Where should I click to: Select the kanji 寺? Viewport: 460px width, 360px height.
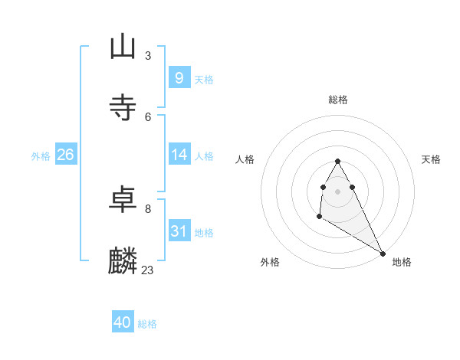pyautogui.click(x=123, y=107)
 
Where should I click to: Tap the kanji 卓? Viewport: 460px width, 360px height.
pyautogui.click(x=123, y=200)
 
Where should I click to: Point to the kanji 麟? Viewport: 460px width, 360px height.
pyautogui.click(x=123, y=261)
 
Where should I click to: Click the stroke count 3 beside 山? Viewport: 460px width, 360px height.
pyautogui.click(x=148, y=55)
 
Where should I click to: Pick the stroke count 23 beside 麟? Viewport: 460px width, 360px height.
pyautogui.click(x=148, y=270)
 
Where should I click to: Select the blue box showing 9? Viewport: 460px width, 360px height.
pyautogui.click(x=179, y=78)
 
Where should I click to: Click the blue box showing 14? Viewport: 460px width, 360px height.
pyautogui.click(x=179, y=155)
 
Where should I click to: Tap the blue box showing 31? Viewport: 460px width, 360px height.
pyautogui.click(x=179, y=231)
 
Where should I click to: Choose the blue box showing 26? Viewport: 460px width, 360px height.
pyautogui.click(x=65, y=155)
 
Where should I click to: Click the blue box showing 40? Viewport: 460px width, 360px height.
pyautogui.click(x=122, y=323)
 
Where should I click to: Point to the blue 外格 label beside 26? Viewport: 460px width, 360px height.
pyautogui.click(x=41, y=155)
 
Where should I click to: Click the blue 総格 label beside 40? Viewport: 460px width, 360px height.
pyautogui.click(x=147, y=324)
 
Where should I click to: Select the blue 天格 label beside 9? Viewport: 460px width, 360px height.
pyautogui.click(x=204, y=79)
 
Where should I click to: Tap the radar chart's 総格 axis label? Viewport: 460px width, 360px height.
pyautogui.click(x=338, y=100)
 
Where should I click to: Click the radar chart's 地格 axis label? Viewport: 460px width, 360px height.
pyautogui.click(x=402, y=262)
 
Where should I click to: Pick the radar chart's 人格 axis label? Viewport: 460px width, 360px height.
pyautogui.click(x=245, y=159)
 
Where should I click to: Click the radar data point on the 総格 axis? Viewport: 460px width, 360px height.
pyautogui.click(x=337, y=162)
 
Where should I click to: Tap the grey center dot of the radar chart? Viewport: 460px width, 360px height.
pyautogui.click(x=337, y=191)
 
